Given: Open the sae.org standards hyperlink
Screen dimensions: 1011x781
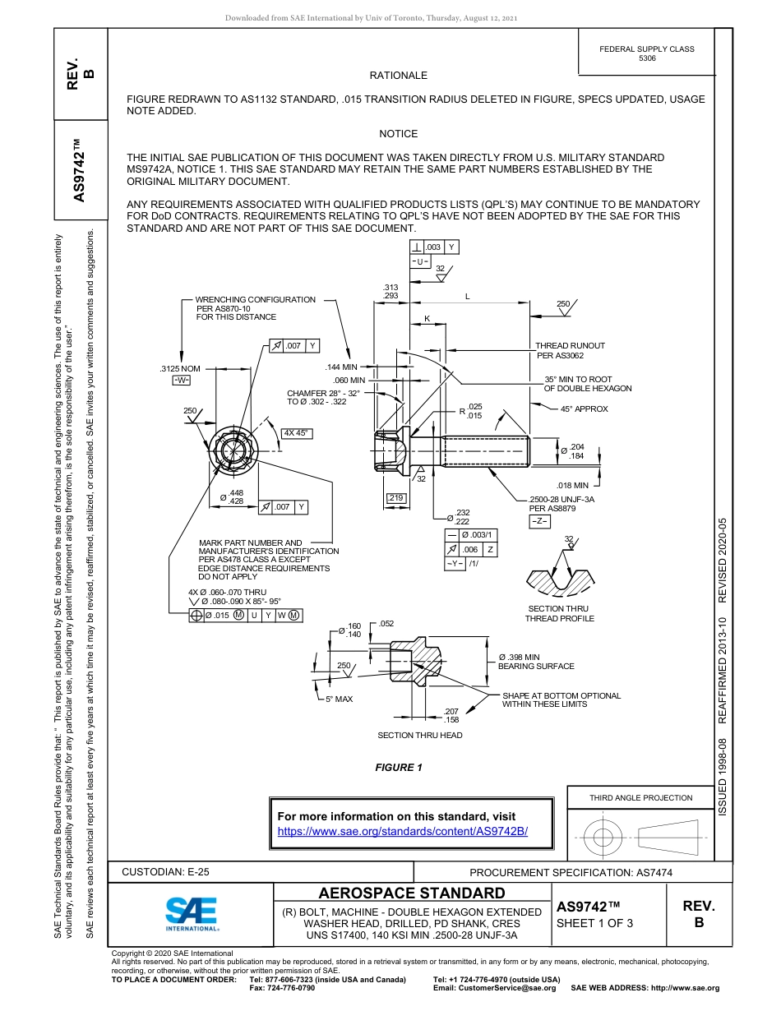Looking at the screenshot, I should click(x=403, y=831).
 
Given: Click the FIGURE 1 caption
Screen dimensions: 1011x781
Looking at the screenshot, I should click(x=399, y=768).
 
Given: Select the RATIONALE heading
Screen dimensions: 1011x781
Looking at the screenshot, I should click(x=399, y=76).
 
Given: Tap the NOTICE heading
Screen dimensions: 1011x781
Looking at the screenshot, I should click(x=399, y=133).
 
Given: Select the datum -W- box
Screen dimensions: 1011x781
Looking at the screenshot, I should click(x=181, y=380).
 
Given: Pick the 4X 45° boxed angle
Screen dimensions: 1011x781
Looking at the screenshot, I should click(x=296, y=433).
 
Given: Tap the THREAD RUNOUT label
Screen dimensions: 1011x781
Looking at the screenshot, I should click(x=570, y=346).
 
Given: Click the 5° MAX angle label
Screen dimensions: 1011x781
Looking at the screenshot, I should click(x=339, y=699).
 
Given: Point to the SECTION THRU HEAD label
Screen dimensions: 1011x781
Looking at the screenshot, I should click(x=419, y=735).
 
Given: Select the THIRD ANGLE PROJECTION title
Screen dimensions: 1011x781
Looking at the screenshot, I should click(x=640, y=797).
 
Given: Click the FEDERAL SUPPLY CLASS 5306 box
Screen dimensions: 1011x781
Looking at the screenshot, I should click(x=646, y=53).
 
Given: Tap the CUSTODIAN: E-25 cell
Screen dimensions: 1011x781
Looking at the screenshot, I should click(x=171, y=872).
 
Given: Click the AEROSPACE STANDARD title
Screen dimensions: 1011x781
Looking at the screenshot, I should click(x=412, y=893).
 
